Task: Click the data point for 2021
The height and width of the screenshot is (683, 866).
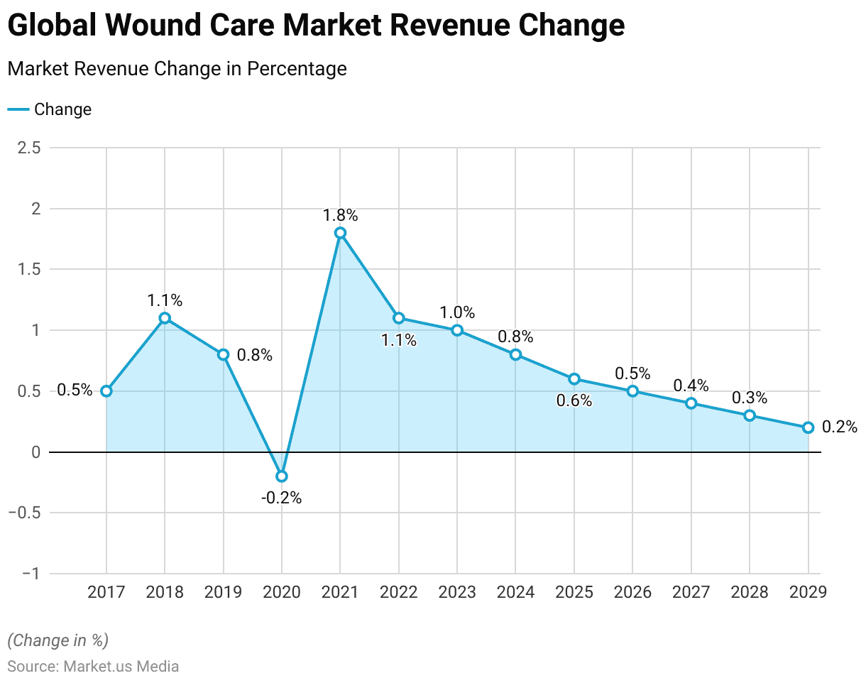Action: click(x=340, y=233)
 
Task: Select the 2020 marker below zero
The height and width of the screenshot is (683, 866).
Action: click(x=282, y=476)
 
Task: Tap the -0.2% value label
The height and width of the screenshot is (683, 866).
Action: click(x=281, y=498)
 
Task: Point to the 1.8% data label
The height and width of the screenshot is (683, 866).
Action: click(x=340, y=214)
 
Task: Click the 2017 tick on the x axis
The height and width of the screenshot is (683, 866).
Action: click(x=106, y=592)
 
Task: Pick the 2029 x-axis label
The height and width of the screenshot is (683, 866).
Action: click(x=808, y=592)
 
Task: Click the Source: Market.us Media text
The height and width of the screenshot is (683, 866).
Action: click(x=93, y=667)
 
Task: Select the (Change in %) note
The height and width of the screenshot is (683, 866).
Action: click(x=57, y=640)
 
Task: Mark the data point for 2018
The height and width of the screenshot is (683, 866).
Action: click(x=165, y=318)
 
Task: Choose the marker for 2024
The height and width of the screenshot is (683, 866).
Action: click(x=515, y=354)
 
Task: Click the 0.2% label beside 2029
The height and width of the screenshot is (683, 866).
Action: click(x=840, y=427)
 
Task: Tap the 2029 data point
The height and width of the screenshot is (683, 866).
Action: click(x=808, y=427)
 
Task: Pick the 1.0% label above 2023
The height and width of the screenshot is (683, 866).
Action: click(x=457, y=313)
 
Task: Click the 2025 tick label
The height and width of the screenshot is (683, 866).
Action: click(x=574, y=592)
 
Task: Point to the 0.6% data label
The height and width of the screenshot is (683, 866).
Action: click(x=574, y=401)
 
